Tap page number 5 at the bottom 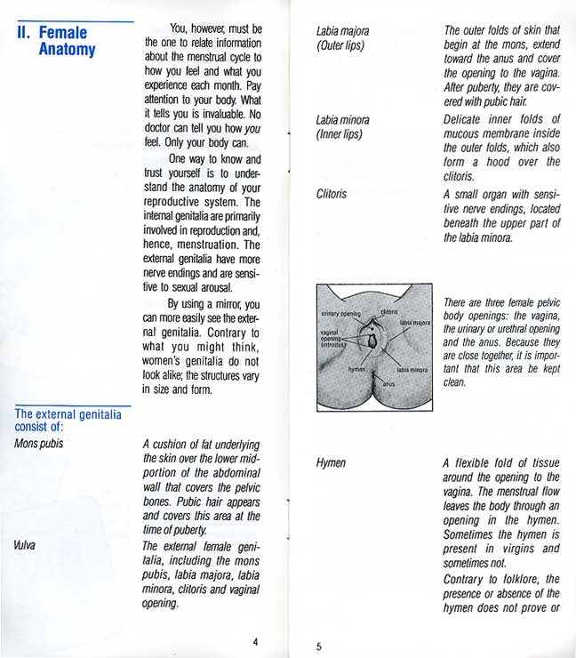click(319, 646)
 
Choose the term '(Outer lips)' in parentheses click(340, 45)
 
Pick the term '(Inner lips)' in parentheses click(340, 134)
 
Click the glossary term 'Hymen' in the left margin click(331, 463)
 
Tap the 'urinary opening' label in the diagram click(340, 314)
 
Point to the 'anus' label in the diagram click(388, 383)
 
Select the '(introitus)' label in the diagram click(335, 344)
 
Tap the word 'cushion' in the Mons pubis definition click(174, 442)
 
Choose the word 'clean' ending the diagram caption click(454, 381)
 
